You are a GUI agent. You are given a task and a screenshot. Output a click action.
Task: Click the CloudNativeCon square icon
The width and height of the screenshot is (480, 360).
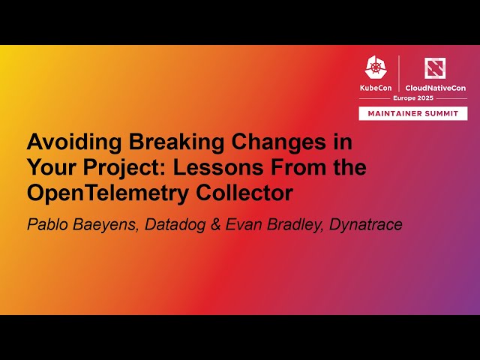(434, 67)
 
